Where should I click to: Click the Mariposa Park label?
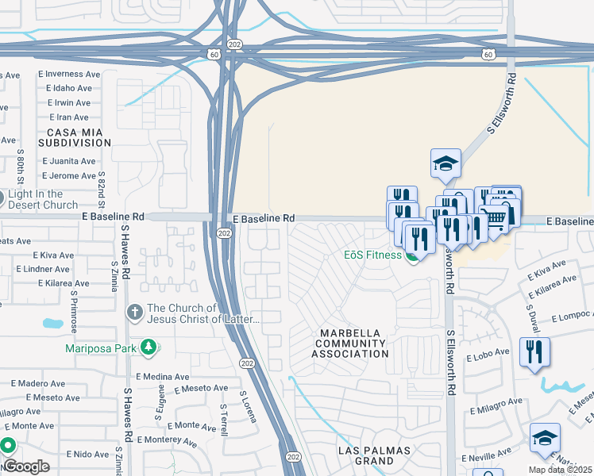pos(99,347)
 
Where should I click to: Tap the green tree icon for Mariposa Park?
pos(148,347)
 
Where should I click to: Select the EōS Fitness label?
pos(372,255)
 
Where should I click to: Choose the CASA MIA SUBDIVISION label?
pos(79,137)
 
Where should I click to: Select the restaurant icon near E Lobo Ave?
pos(534,351)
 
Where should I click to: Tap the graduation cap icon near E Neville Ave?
pos(546,438)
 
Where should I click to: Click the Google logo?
pos(25,466)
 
